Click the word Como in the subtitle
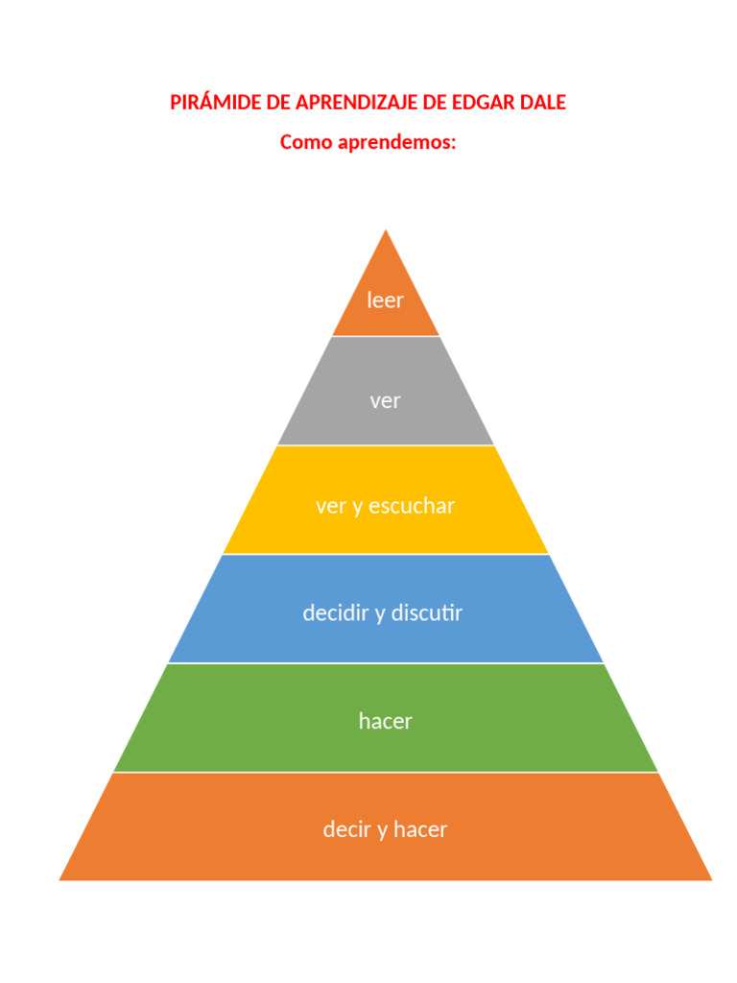[306, 142]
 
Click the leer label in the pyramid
[386, 300]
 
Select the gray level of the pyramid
[386, 391]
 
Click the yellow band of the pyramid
[386, 499]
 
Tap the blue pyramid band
[386, 609]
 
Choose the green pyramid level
[386, 718]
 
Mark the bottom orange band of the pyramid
[386, 827]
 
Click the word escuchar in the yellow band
[411, 506]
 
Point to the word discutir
[427, 612]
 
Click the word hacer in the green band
[386, 721]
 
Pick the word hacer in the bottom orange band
[420, 829]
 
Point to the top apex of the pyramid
[386, 229]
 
